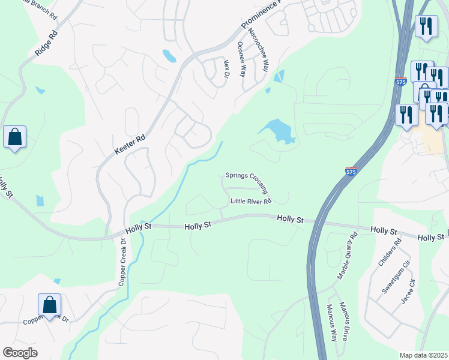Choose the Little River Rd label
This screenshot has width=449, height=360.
pos(251,201)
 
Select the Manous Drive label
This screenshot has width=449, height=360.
pos(343,322)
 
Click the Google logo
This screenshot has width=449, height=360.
pos(20,353)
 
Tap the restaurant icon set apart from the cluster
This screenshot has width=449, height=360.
pos(426,26)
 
